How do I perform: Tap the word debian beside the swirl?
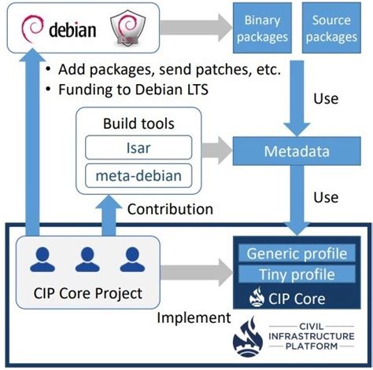(74, 32)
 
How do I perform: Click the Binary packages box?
(262, 29)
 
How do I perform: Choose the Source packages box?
(331, 29)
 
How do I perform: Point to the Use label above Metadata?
(325, 99)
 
